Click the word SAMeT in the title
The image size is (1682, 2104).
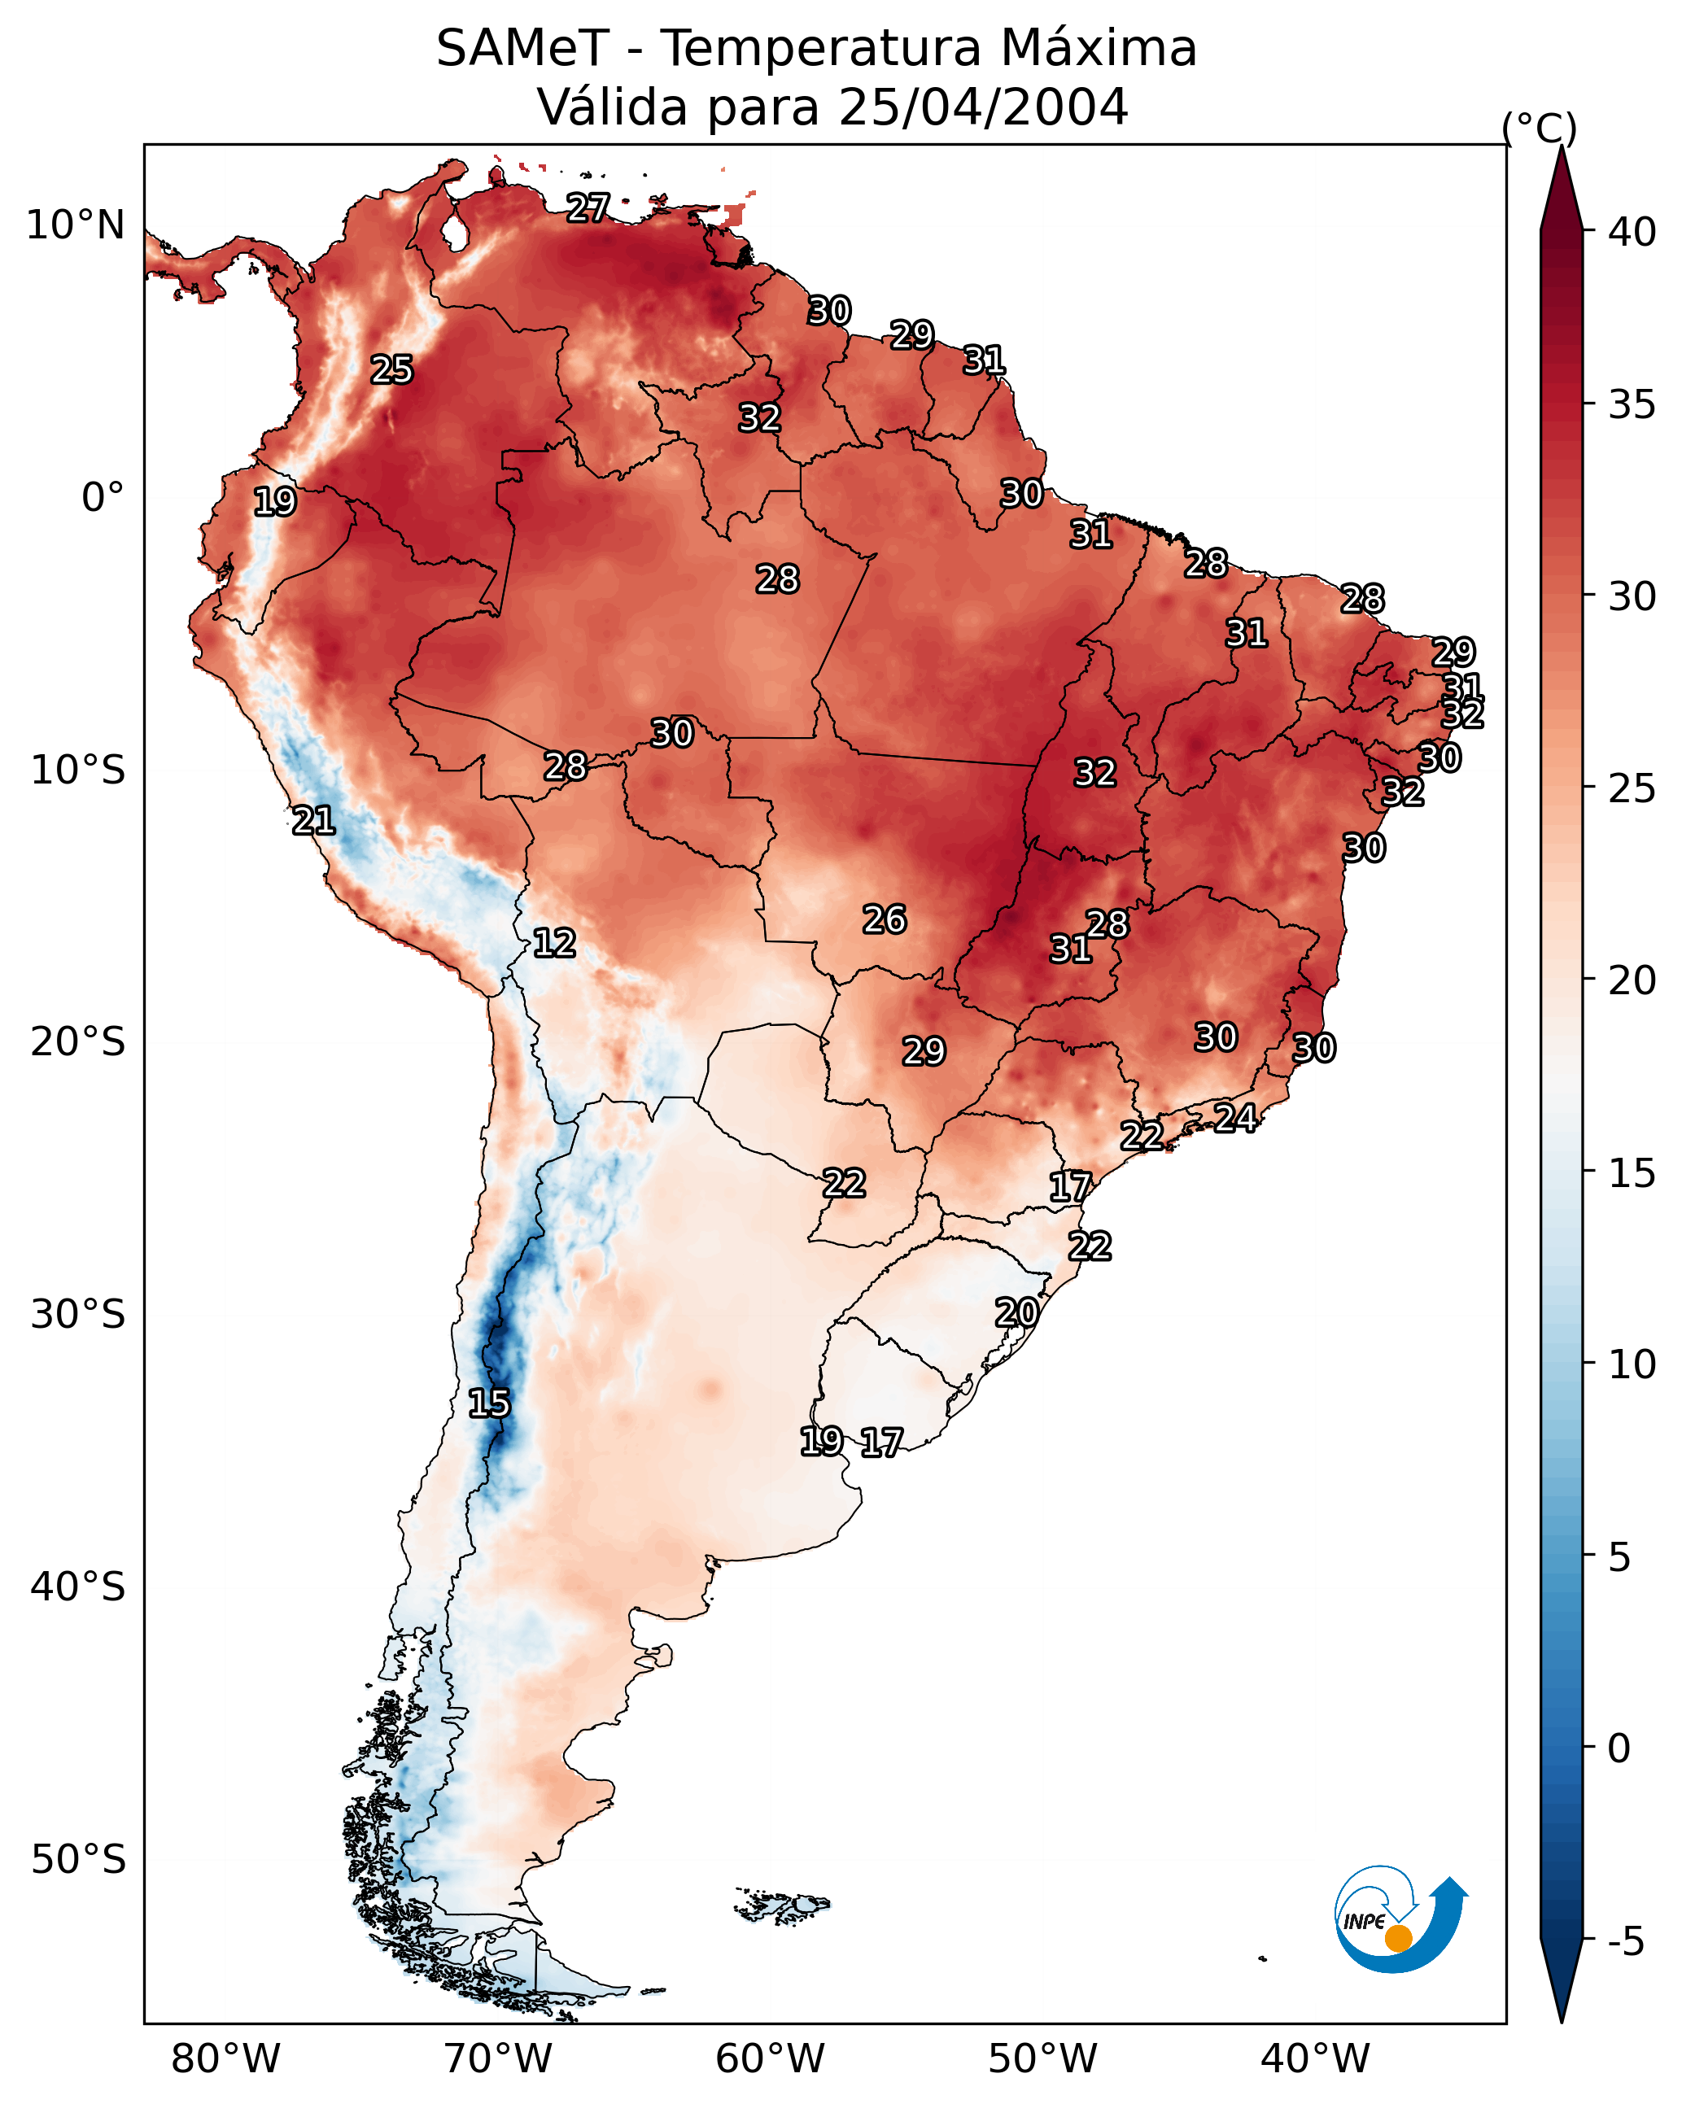pos(522,49)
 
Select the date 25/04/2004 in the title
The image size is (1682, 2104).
pos(983,107)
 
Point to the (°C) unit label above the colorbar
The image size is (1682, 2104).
pos(1540,128)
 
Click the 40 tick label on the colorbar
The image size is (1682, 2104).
pos(1632,232)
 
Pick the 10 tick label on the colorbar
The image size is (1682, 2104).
pos(1632,1364)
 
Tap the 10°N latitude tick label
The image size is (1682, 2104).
pos(75,225)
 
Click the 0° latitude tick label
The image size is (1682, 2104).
pos(103,498)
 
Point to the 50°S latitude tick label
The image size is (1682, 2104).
pos(78,1860)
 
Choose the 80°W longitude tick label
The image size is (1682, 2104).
pos(225,2058)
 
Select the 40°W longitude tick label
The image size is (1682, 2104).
pos(1315,2058)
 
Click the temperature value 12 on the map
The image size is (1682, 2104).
pos(554,943)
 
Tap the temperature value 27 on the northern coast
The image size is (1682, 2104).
pos(588,207)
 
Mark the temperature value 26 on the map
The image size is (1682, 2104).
pos(885,919)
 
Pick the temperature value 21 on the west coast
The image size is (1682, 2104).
pos(313,821)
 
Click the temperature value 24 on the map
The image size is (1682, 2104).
pos(1236,1117)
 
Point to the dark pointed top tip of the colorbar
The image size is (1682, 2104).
pos(1561,148)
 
